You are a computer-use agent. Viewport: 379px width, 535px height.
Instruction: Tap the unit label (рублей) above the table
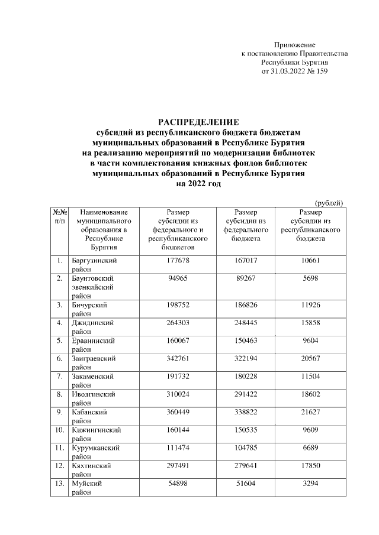(x=329, y=203)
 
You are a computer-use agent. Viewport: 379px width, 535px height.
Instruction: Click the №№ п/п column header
(x=59, y=216)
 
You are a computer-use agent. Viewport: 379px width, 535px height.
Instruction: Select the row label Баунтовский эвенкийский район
(x=94, y=286)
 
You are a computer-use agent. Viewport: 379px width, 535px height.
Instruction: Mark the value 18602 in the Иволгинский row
(x=310, y=394)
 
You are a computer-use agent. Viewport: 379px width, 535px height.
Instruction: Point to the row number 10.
(x=59, y=429)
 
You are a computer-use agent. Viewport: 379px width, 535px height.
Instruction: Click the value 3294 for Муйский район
(x=310, y=483)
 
